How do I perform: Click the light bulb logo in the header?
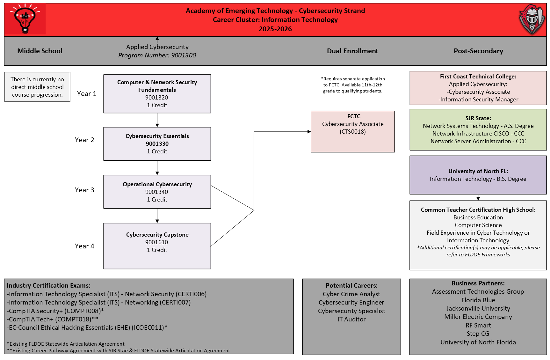pos(25,19)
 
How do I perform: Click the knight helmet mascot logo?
pos(532,19)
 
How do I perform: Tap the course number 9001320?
pos(157,98)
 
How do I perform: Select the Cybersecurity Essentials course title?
pos(157,136)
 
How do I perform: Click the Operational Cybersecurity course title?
pos(157,184)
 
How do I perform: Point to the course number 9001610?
pos(157,242)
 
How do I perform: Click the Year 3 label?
pos(84,190)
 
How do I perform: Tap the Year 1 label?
pos(87,94)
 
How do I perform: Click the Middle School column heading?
pos(40,51)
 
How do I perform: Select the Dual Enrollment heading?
pos(352,51)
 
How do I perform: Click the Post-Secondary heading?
pos(478,51)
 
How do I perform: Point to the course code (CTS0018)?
pos(353,132)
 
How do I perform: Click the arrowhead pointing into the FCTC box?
pos(309,131)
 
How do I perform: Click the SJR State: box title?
pos(478,118)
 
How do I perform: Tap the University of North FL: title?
pos(478,171)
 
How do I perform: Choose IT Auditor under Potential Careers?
pos(351,319)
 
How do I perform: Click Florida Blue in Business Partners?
pos(478,300)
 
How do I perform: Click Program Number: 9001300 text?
pos(157,55)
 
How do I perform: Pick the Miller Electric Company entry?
pos(478,317)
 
